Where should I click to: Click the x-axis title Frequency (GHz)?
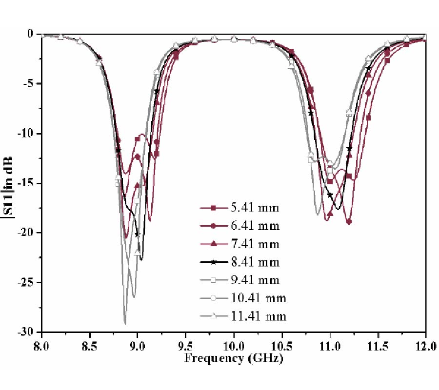[x=234, y=359]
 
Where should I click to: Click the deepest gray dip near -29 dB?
[x=125, y=323]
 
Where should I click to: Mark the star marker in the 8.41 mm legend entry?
[x=215, y=262]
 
